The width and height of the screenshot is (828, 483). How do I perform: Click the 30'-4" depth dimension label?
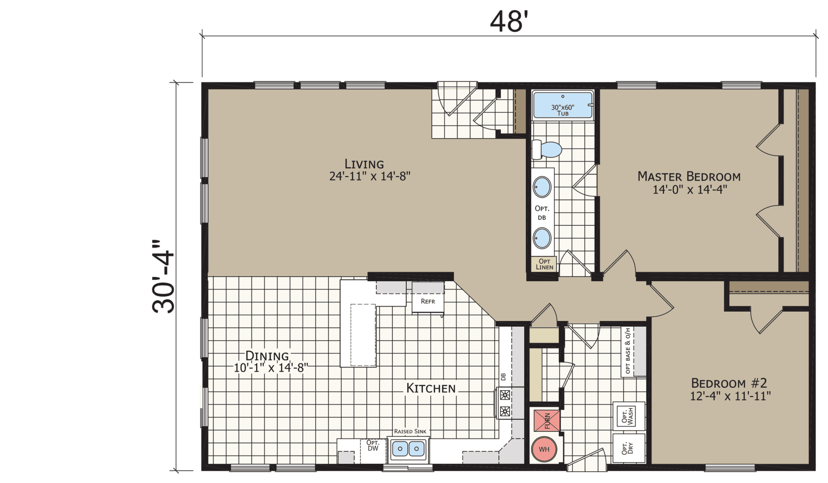(x=163, y=276)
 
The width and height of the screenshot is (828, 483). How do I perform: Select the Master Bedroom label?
(x=689, y=183)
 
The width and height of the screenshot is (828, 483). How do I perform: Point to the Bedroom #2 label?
(x=730, y=389)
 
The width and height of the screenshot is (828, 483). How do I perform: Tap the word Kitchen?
(x=431, y=388)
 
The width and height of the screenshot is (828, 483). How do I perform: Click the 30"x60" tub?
(x=563, y=106)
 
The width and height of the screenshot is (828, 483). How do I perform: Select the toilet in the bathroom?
(x=547, y=150)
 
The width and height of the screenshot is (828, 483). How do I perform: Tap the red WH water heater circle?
(x=544, y=449)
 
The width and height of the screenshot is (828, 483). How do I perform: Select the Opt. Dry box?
(x=628, y=448)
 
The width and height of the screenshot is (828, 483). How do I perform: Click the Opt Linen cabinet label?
(x=544, y=264)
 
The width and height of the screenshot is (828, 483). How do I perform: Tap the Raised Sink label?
(x=410, y=431)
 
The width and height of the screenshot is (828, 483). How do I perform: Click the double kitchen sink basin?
(x=408, y=449)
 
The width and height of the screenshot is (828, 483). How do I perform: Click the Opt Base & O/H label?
(x=628, y=350)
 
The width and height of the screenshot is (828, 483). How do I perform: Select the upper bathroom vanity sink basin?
(x=542, y=187)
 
